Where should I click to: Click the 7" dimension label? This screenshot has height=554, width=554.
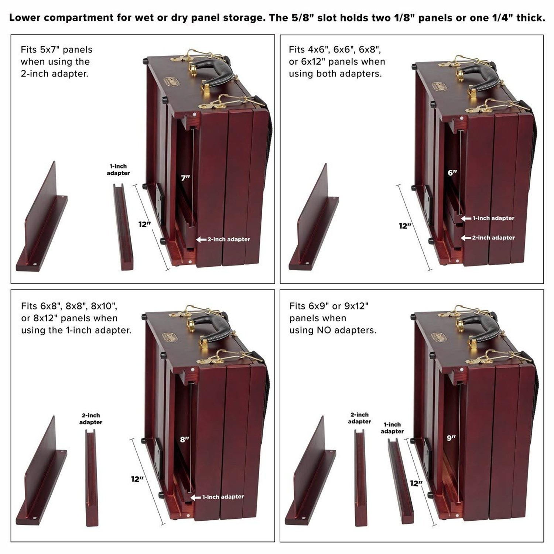(x=185, y=178)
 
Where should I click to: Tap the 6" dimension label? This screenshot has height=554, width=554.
(x=452, y=172)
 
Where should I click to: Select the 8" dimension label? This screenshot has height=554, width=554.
(x=185, y=440)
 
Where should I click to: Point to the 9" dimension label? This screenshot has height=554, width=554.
(x=451, y=438)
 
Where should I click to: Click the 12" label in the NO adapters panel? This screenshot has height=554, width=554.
(x=416, y=483)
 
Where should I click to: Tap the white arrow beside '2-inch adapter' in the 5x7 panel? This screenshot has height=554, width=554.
(x=201, y=240)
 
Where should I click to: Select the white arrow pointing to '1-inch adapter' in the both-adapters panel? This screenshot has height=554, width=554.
(x=466, y=219)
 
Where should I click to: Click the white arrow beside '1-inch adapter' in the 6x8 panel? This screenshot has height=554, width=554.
(x=196, y=497)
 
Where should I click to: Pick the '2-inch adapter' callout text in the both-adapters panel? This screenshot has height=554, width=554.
(x=493, y=238)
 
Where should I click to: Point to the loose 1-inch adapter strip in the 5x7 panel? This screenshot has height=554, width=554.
(x=123, y=227)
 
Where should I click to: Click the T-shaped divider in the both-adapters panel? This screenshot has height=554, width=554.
(x=314, y=222)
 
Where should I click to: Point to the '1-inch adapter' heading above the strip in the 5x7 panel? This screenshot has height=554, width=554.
(x=118, y=170)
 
